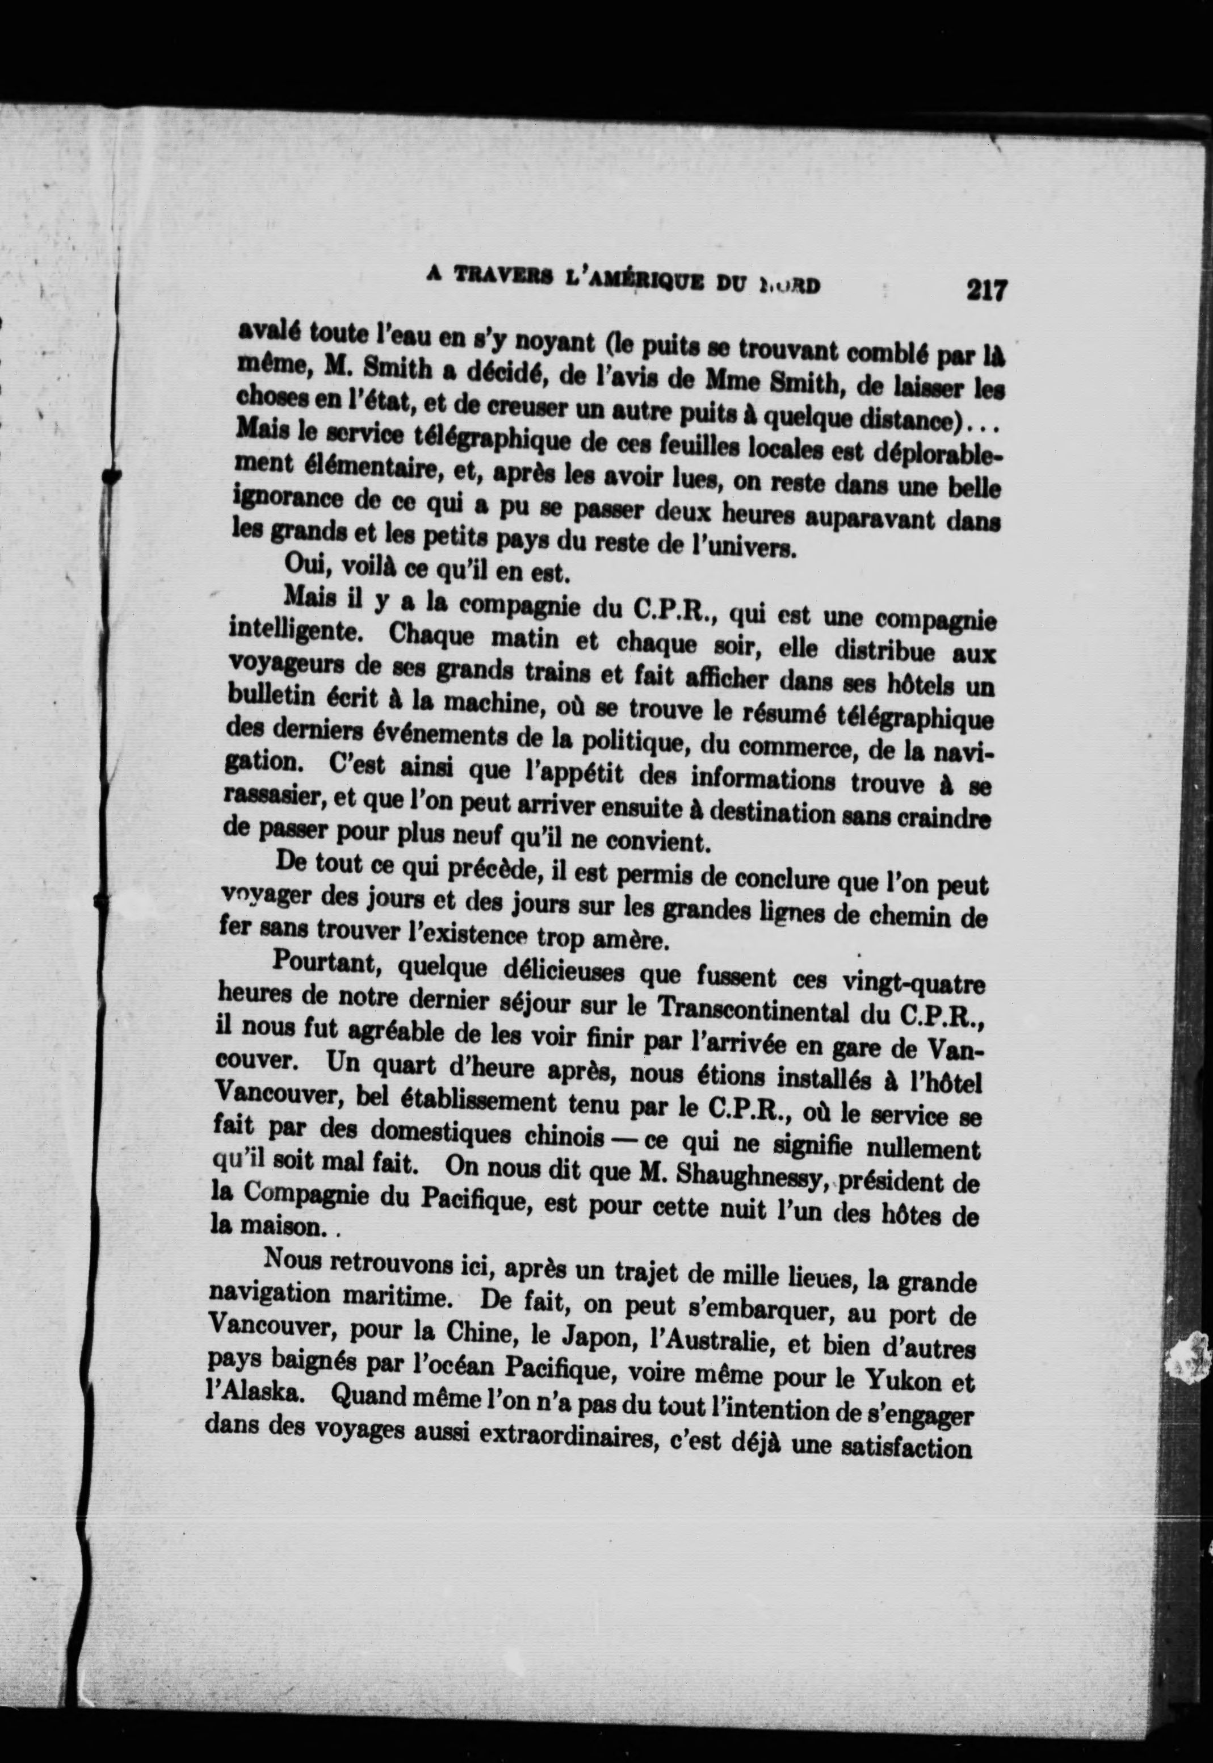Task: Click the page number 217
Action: [x=986, y=290]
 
